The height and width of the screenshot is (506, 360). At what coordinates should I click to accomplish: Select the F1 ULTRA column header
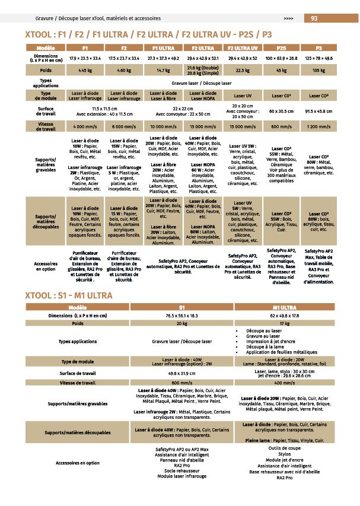point(163,47)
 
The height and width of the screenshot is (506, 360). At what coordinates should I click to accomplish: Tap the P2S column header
point(281,47)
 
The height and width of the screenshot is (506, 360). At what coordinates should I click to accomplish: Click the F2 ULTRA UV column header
point(242,47)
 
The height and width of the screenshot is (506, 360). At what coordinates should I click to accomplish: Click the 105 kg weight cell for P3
point(319,71)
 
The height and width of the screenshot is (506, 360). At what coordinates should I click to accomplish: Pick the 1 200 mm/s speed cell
point(319,126)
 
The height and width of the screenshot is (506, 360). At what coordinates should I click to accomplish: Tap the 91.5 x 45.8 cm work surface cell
point(319,111)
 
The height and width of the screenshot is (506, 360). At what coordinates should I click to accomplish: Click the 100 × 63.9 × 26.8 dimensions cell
point(281,59)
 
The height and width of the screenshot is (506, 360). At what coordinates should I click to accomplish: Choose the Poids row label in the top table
point(45,71)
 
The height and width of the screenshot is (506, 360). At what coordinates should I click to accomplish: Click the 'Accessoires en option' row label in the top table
point(46,266)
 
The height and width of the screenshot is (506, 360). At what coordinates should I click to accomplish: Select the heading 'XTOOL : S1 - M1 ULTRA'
point(69,295)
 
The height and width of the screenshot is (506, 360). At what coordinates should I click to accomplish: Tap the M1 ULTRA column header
point(284,307)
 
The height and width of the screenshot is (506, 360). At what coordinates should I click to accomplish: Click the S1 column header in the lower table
point(181,307)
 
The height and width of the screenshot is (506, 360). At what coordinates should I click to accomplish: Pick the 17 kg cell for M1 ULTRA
point(284,324)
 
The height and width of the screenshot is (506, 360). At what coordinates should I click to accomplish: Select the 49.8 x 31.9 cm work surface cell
point(181,374)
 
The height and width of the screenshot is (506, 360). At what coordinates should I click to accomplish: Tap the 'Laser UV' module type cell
point(242,96)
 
